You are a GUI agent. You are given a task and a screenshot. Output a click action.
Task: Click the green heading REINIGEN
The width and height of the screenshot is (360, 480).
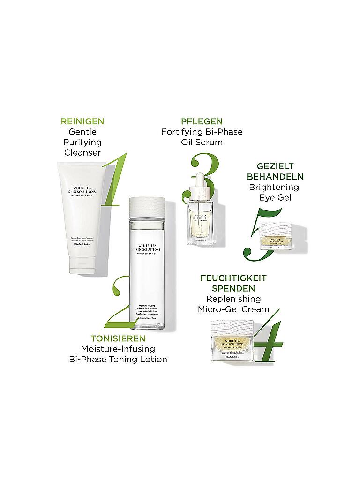pos(82,121)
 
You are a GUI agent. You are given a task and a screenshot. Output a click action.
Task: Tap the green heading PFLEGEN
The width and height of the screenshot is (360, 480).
pos(202,121)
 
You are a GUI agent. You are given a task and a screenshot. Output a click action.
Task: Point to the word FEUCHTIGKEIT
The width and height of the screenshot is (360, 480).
pos(233,278)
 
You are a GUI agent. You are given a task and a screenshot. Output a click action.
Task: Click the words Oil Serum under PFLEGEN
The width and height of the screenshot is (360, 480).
pos(202,142)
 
